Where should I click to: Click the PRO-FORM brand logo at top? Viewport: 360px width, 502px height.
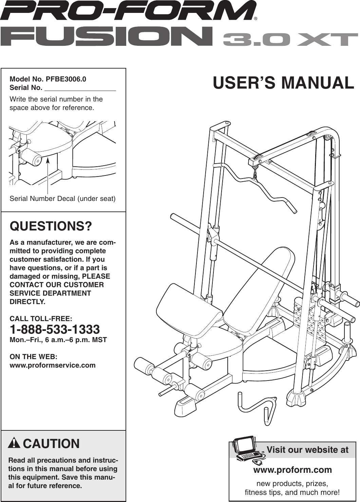(x=128, y=11)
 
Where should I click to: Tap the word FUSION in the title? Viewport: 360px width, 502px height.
(x=107, y=37)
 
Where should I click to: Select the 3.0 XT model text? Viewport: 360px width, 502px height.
(x=290, y=39)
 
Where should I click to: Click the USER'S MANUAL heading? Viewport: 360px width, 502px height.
(x=283, y=83)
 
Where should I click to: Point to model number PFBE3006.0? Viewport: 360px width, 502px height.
(x=66, y=79)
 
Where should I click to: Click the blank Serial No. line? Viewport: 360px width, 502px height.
(x=80, y=88)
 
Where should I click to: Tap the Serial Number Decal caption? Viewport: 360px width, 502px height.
(x=62, y=199)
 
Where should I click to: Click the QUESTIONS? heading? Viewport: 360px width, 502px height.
(x=51, y=226)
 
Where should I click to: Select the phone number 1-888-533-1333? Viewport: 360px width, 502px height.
(x=55, y=329)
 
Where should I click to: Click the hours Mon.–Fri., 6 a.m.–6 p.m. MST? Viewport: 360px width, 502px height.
(x=58, y=340)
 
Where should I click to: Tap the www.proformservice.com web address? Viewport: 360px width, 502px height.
(x=53, y=365)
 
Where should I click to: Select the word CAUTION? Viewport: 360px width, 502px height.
(x=51, y=444)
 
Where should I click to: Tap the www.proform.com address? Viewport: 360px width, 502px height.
(x=292, y=470)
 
